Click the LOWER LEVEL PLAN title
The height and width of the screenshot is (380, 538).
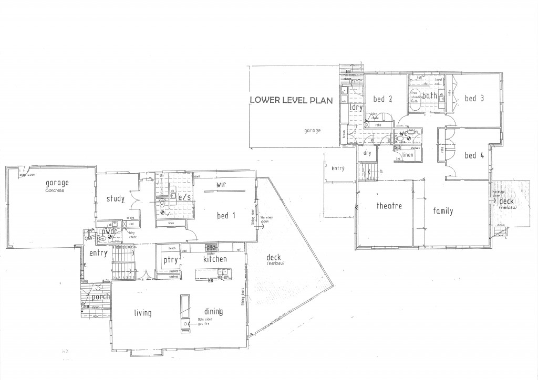(x=291, y=100)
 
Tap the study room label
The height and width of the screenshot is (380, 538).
(x=115, y=199)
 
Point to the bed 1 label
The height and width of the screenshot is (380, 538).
(x=226, y=215)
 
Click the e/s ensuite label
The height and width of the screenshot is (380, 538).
(x=184, y=198)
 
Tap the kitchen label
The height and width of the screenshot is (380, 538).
(x=215, y=259)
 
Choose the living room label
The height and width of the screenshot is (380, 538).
(x=142, y=313)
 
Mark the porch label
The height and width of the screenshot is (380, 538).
(x=100, y=297)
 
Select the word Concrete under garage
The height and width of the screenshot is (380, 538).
(x=54, y=190)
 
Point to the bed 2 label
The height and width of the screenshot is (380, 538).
(x=383, y=99)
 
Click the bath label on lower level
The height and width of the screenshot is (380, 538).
(x=430, y=96)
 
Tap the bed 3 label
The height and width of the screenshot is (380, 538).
(x=474, y=98)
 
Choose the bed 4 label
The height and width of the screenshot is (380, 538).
(x=474, y=155)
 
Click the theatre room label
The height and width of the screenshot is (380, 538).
(x=389, y=206)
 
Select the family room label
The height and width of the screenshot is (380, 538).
(x=443, y=211)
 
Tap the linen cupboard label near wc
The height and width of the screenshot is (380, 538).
(x=407, y=155)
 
